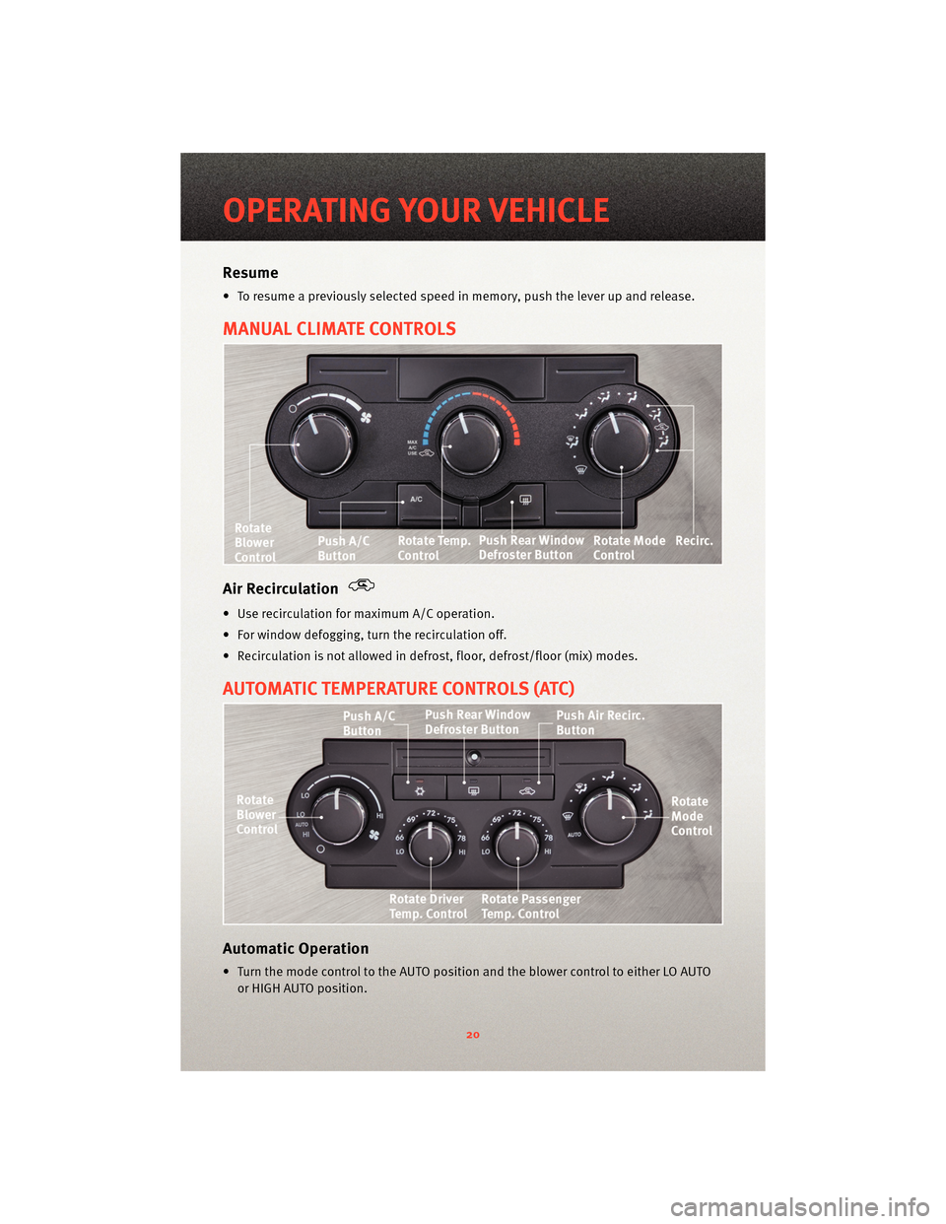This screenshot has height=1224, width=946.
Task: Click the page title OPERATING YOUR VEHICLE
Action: click(416, 210)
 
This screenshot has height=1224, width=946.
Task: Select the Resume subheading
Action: click(250, 273)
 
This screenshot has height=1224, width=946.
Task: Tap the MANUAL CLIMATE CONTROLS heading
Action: click(339, 329)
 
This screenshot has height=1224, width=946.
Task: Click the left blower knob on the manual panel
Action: click(321, 444)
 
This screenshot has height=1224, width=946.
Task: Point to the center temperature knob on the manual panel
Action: click(470, 442)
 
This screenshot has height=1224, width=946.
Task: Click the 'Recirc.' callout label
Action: click(694, 541)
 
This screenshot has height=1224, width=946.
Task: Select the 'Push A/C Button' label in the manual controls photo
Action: click(343, 548)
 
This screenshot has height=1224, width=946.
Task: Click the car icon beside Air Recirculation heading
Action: click(362, 585)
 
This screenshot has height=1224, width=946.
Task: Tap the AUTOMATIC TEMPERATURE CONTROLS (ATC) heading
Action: click(398, 689)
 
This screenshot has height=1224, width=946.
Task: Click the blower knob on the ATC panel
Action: click(339, 814)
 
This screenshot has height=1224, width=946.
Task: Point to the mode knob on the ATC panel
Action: click(609, 814)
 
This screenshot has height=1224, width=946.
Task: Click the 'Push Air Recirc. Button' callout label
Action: click(599, 722)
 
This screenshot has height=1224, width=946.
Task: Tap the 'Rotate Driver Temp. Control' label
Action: click(428, 907)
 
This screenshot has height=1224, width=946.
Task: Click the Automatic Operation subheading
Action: click(296, 949)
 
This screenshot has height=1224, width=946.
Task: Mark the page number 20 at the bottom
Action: click(473, 1035)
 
